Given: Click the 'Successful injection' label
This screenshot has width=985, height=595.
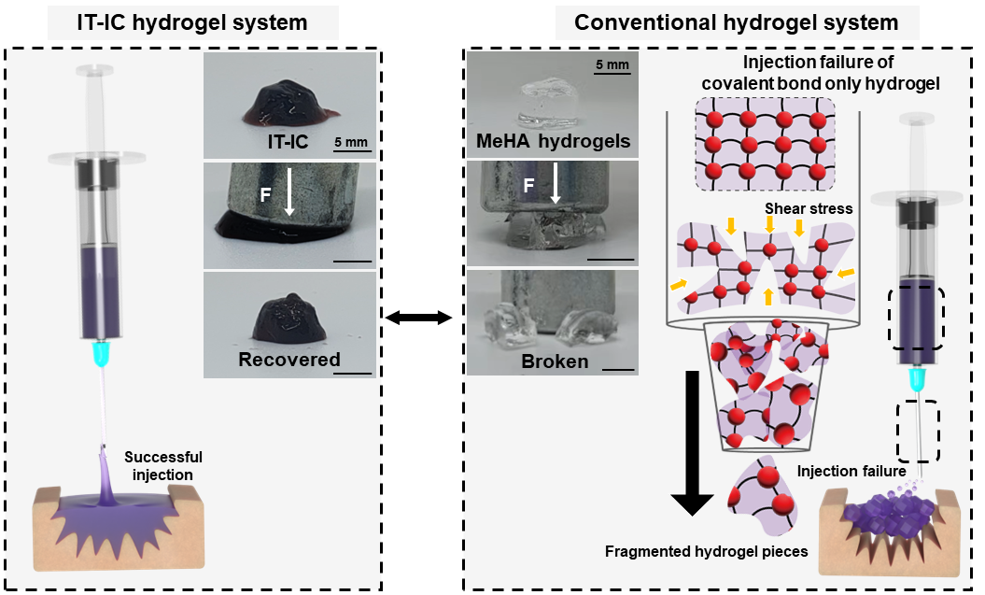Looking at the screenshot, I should click(x=163, y=465).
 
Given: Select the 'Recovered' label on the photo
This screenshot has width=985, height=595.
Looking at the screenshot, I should click(x=289, y=360).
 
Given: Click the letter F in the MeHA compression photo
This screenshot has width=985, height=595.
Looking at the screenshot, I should click(x=528, y=186).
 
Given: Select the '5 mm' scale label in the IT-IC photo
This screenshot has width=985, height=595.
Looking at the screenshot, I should click(x=350, y=144).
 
